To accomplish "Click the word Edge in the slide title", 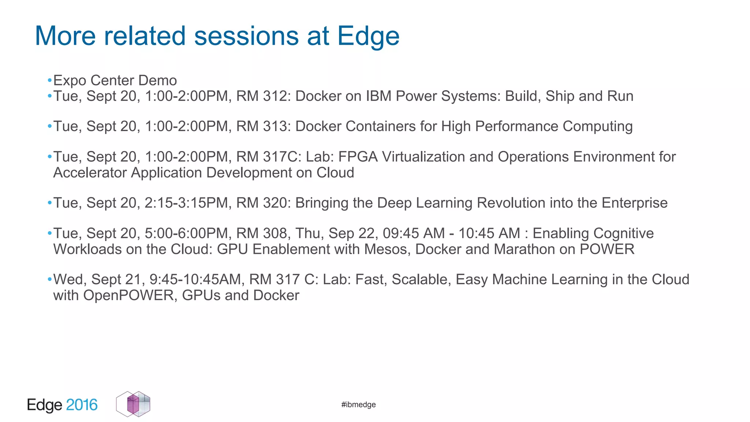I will [x=368, y=37].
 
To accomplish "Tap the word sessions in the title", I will [x=246, y=37].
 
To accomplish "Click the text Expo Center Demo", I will [x=115, y=81].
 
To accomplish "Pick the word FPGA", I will [x=358, y=157].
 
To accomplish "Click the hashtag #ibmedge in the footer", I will [x=358, y=404].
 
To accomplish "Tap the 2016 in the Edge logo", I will [x=82, y=405].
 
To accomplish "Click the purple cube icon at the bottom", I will [x=133, y=404].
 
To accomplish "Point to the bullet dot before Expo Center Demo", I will [x=49, y=81].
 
